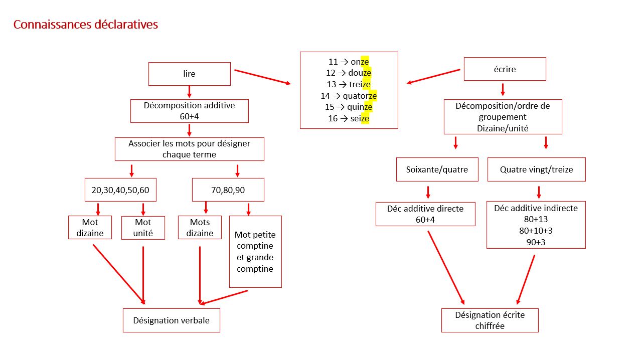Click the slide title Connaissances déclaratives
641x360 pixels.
[x=86, y=25]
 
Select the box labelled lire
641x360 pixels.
[x=189, y=74]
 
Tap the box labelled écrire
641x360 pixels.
[x=505, y=69]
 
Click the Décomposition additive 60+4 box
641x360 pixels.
[x=189, y=111]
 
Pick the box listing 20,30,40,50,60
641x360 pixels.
[x=120, y=190]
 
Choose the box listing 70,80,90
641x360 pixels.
[x=228, y=190]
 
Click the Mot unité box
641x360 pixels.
[x=143, y=228]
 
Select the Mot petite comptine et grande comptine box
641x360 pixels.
[x=255, y=252]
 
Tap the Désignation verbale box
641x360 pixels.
[x=171, y=320]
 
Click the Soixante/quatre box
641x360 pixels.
[x=437, y=169]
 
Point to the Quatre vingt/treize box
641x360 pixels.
[x=536, y=169]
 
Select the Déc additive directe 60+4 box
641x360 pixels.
[x=425, y=214]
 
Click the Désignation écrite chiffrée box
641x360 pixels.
[x=490, y=320]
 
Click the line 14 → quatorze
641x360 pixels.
[x=349, y=96]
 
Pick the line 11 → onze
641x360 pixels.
[x=349, y=62]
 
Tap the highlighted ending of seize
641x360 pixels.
[x=365, y=119]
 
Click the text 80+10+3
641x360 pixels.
[x=536, y=231]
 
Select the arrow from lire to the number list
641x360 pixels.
[x=262, y=77]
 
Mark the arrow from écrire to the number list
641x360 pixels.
[x=433, y=76]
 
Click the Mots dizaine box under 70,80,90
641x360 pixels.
[x=200, y=228]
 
